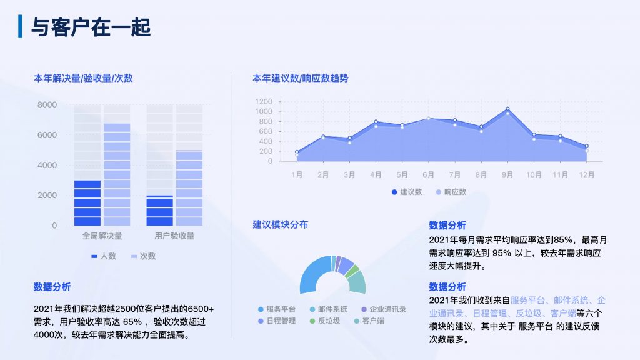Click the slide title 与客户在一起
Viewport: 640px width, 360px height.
(x=91, y=27)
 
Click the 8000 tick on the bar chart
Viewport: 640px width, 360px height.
(x=47, y=104)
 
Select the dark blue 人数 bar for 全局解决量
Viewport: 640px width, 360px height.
(x=87, y=203)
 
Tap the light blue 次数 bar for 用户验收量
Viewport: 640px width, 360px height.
(x=189, y=188)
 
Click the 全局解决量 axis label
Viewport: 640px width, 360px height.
(x=102, y=236)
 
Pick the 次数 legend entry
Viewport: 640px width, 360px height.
(x=143, y=256)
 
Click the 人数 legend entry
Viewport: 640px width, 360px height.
(x=104, y=256)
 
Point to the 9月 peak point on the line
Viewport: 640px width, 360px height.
(x=507, y=109)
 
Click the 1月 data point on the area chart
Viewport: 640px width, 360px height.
(x=297, y=152)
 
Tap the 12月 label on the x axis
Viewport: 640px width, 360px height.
(x=586, y=175)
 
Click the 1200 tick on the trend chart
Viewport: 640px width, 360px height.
(x=264, y=101)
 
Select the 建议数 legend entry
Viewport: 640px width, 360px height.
(x=406, y=192)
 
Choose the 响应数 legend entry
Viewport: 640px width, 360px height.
(x=451, y=192)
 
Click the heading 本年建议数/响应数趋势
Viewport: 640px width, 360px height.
(x=301, y=78)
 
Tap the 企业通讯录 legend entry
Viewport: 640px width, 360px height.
(x=384, y=309)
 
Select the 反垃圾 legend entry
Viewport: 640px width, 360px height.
(x=324, y=321)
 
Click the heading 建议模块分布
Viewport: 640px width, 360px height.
(x=281, y=224)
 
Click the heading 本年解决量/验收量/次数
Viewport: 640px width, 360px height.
(x=83, y=78)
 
